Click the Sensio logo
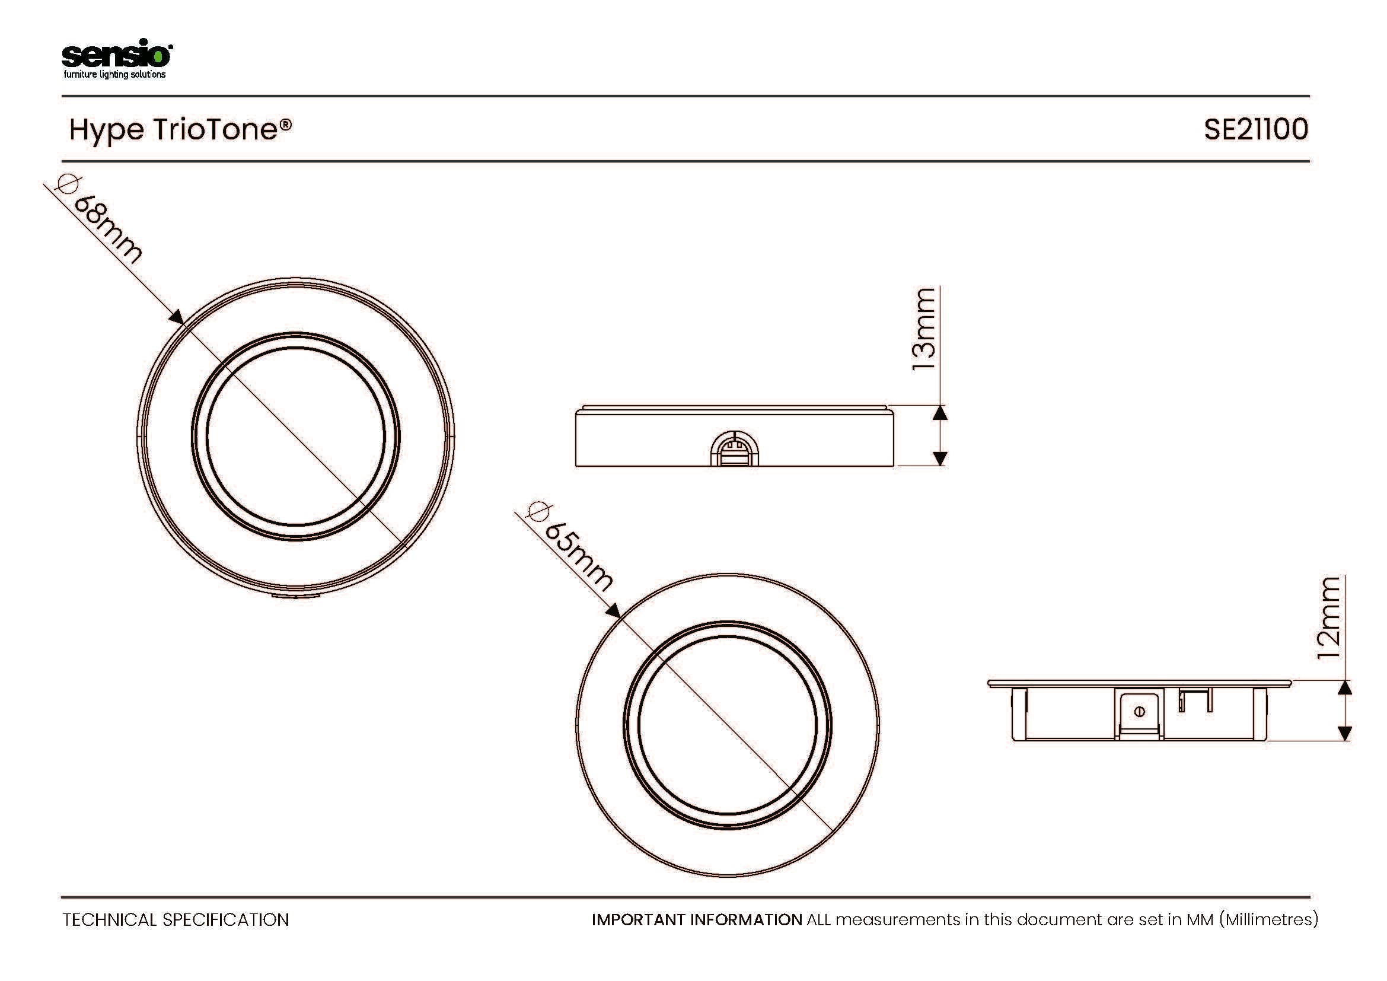tap(117, 59)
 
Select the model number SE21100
tap(1256, 129)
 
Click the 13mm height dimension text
tap(923, 329)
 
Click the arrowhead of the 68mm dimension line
tap(176, 317)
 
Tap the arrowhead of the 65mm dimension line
tap(613, 610)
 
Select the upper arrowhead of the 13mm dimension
tap(940, 413)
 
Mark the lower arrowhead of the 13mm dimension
tap(940, 458)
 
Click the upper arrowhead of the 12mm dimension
tap(1345, 688)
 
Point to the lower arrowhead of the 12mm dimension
tap(1345, 732)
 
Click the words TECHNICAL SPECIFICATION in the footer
tap(176, 920)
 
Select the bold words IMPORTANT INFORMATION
tap(697, 919)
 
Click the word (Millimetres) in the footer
tap(1268, 920)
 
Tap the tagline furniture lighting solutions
tap(115, 74)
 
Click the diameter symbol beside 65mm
tap(537, 512)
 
